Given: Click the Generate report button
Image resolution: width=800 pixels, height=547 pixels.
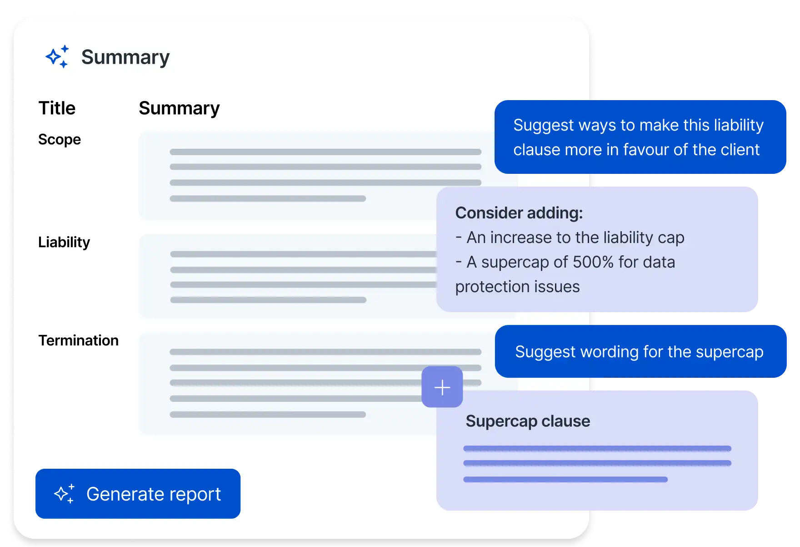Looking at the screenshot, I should pos(138,494).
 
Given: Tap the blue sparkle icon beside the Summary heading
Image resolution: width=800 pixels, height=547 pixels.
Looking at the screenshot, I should pos(57,57).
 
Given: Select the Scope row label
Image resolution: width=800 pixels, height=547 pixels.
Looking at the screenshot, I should pos(60,139).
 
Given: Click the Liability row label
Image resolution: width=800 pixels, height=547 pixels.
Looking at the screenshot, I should pos(64,242).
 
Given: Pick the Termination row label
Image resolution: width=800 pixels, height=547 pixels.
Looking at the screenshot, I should pos(78,340).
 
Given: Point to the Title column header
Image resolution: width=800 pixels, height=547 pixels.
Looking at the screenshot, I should pos(57,108).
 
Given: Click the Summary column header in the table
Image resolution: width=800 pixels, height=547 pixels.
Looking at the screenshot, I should pos(179,108).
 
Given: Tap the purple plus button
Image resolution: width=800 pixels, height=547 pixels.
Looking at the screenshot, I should pos(442,387).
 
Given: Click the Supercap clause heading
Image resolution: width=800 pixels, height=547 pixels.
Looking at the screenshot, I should pos(528,421).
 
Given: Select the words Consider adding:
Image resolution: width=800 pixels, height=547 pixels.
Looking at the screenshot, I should pos(519,213).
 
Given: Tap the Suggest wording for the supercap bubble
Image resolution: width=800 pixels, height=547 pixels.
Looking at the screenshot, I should pos(639,352).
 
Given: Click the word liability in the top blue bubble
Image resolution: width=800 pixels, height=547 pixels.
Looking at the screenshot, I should pos(739,125).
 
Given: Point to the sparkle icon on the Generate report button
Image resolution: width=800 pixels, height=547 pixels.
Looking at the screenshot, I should pos(64,494).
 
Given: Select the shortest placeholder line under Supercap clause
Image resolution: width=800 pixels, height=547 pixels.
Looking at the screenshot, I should pos(565,479).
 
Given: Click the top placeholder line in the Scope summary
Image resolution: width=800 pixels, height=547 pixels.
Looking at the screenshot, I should pos(325,152).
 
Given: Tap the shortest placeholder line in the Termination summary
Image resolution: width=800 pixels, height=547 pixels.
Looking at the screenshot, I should pos(268,415).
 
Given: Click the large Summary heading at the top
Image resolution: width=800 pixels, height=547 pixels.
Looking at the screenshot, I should pos(125,57).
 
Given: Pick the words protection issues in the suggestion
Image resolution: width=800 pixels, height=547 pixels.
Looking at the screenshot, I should pos(517,287).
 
